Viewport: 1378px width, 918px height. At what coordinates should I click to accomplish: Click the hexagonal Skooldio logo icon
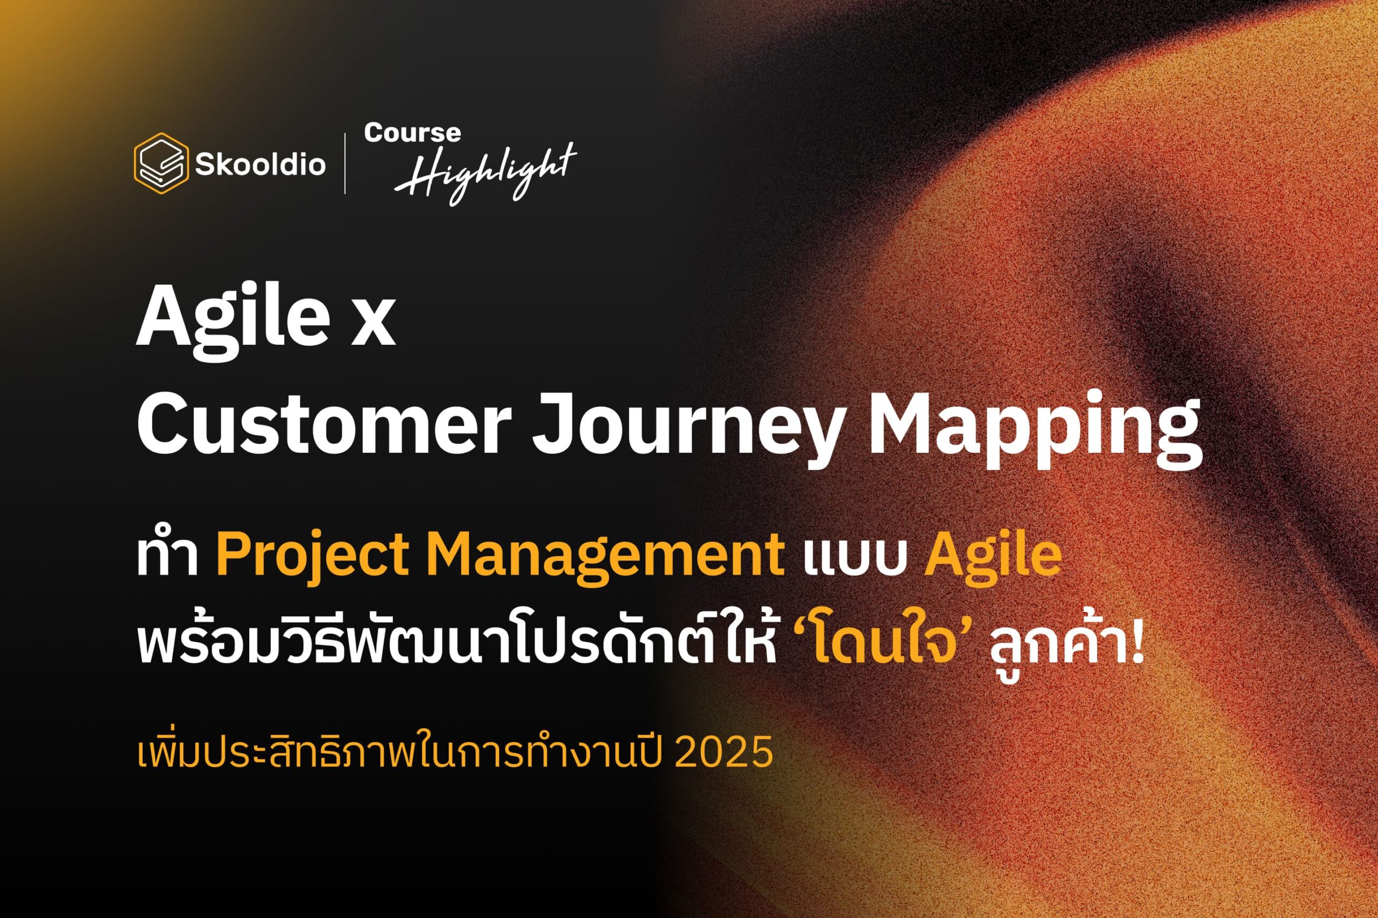pyautogui.click(x=161, y=163)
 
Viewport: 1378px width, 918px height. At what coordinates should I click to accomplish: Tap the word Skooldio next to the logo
pyautogui.click(x=260, y=165)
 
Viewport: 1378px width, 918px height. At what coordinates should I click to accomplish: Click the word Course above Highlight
pyautogui.click(x=412, y=133)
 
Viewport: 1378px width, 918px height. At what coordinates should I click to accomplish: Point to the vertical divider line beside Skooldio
pyautogui.click(x=344, y=163)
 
